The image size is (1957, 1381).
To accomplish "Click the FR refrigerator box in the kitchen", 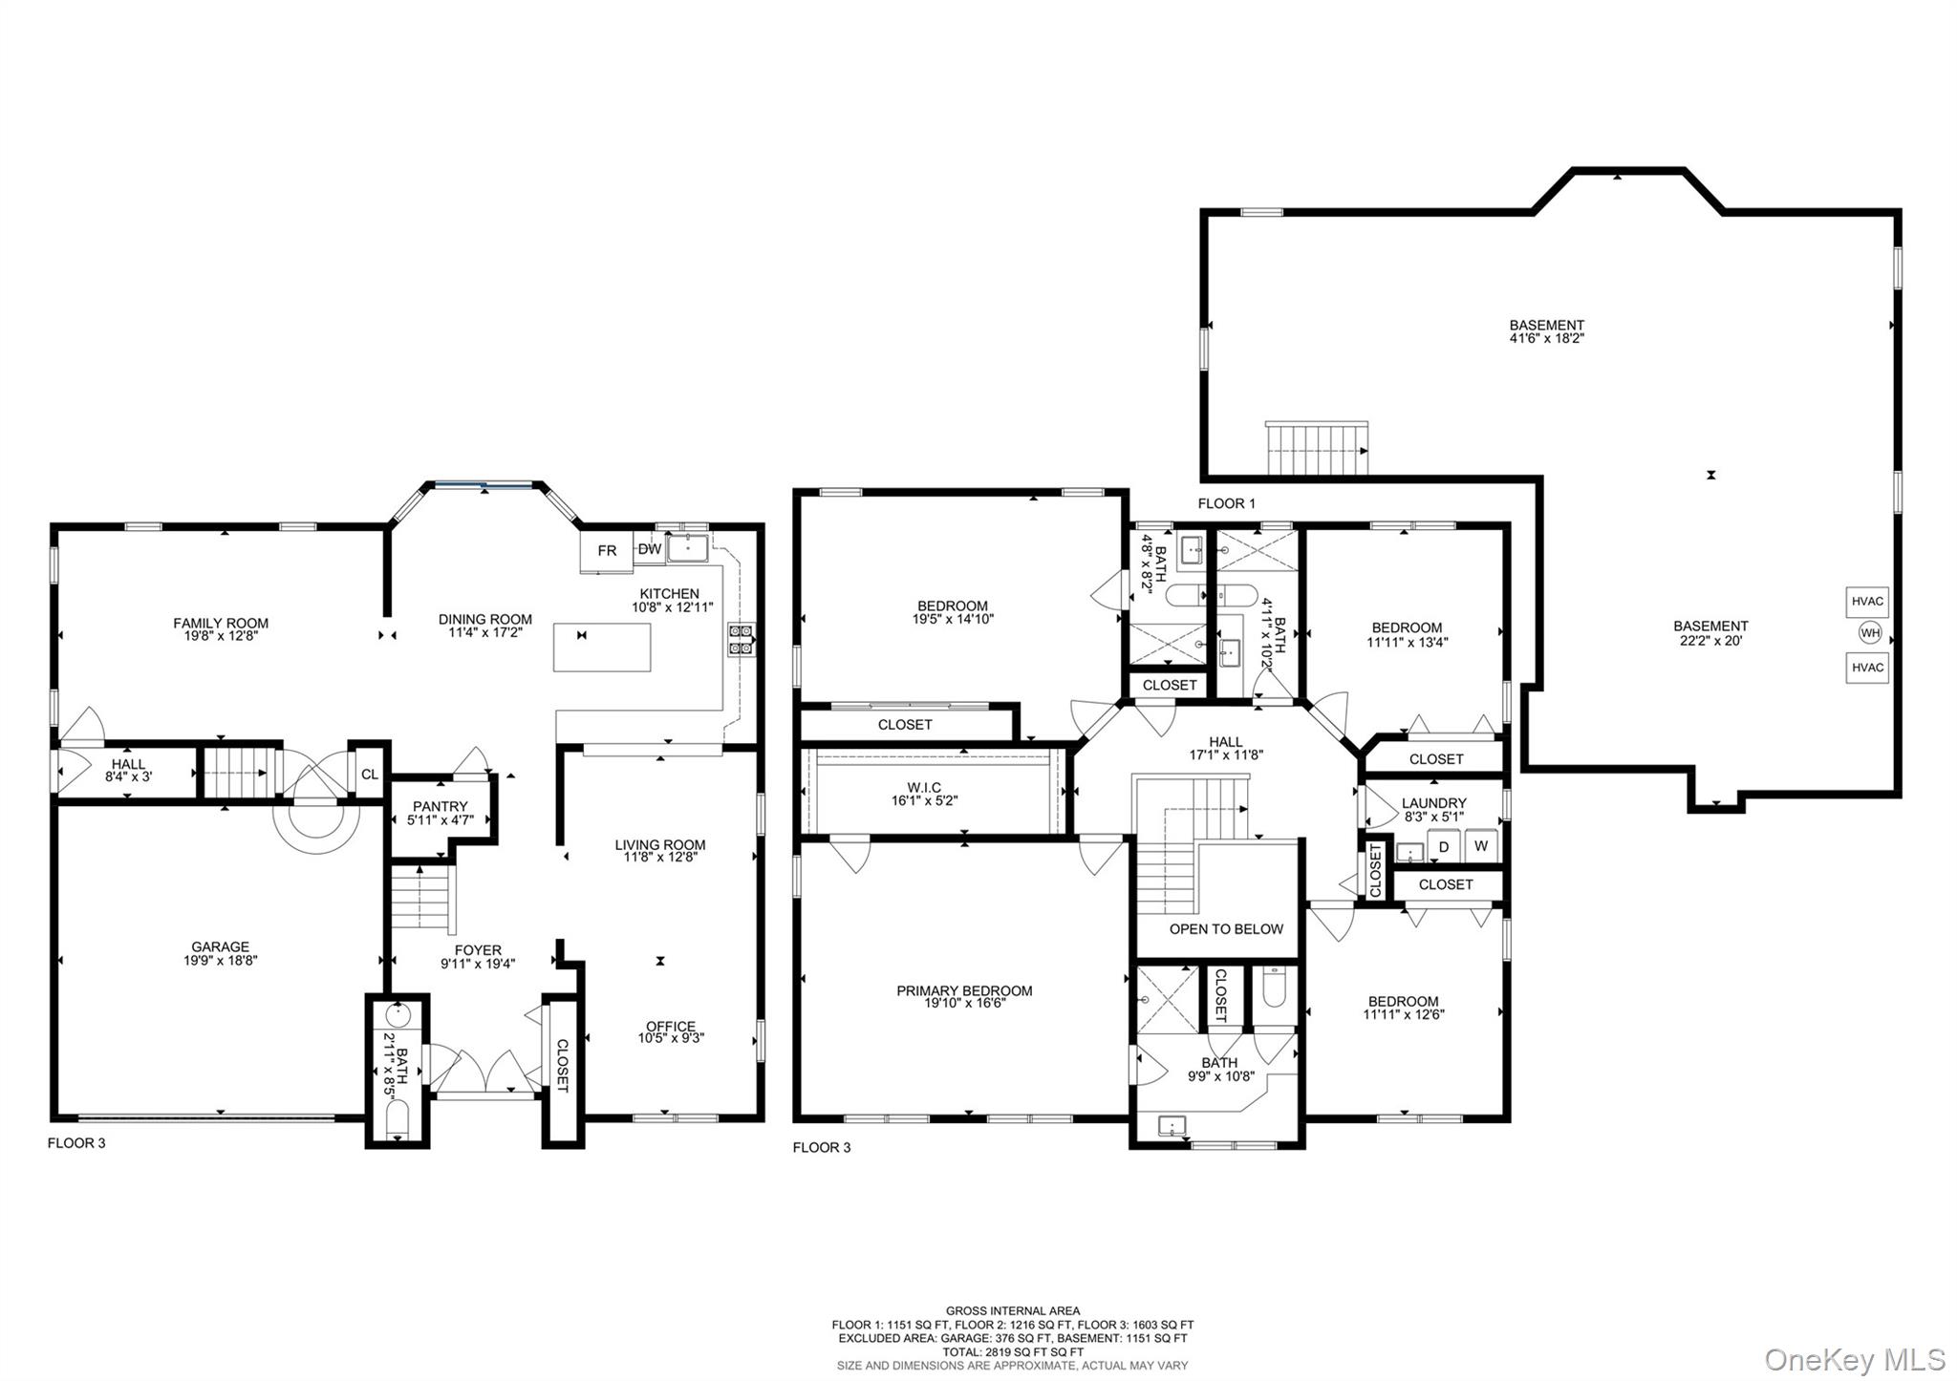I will pyautogui.click(x=607, y=551).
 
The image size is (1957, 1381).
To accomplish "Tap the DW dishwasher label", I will pyautogui.click(x=650, y=549).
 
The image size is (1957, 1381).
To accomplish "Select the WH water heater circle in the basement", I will pyautogui.click(x=1869, y=633).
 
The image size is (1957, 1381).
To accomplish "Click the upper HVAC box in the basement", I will pyautogui.click(x=1867, y=602).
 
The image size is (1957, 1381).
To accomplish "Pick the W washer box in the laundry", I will pyautogui.click(x=1481, y=846).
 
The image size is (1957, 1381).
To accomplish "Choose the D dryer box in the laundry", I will pyautogui.click(x=1444, y=846).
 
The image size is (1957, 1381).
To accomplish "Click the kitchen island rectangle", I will pyautogui.click(x=602, y=648).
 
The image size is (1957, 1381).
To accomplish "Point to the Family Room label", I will pyautogui.click(x=221, y=624).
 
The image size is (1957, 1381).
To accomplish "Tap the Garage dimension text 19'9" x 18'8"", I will pyautogui.click(x=221, y=961).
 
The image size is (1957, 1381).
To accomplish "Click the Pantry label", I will pyautogui.click(x=440, y=807).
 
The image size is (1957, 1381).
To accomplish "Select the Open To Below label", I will pyautogui.click(x=1226, y=929).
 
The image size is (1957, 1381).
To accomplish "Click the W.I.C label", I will pyautogui.click(x=924, y=788).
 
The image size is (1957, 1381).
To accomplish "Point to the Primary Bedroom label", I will pyautogui.click(x=964, y=991).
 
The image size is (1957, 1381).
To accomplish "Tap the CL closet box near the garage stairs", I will pyautogui.click(x=369, y=775).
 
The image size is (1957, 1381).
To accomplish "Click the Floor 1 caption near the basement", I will pyautogui.click(x=1227, y=503).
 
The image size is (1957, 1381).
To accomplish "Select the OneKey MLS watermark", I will pyautogui.click(x=1854, y=1358).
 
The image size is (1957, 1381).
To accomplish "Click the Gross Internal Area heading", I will pyautogui.click(x=1013, y=1311).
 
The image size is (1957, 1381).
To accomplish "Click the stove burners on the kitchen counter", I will pyautogui.click(x=741, y=640).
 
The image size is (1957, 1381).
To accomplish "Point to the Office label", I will pyautogui.click(x=671, y=1027).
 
